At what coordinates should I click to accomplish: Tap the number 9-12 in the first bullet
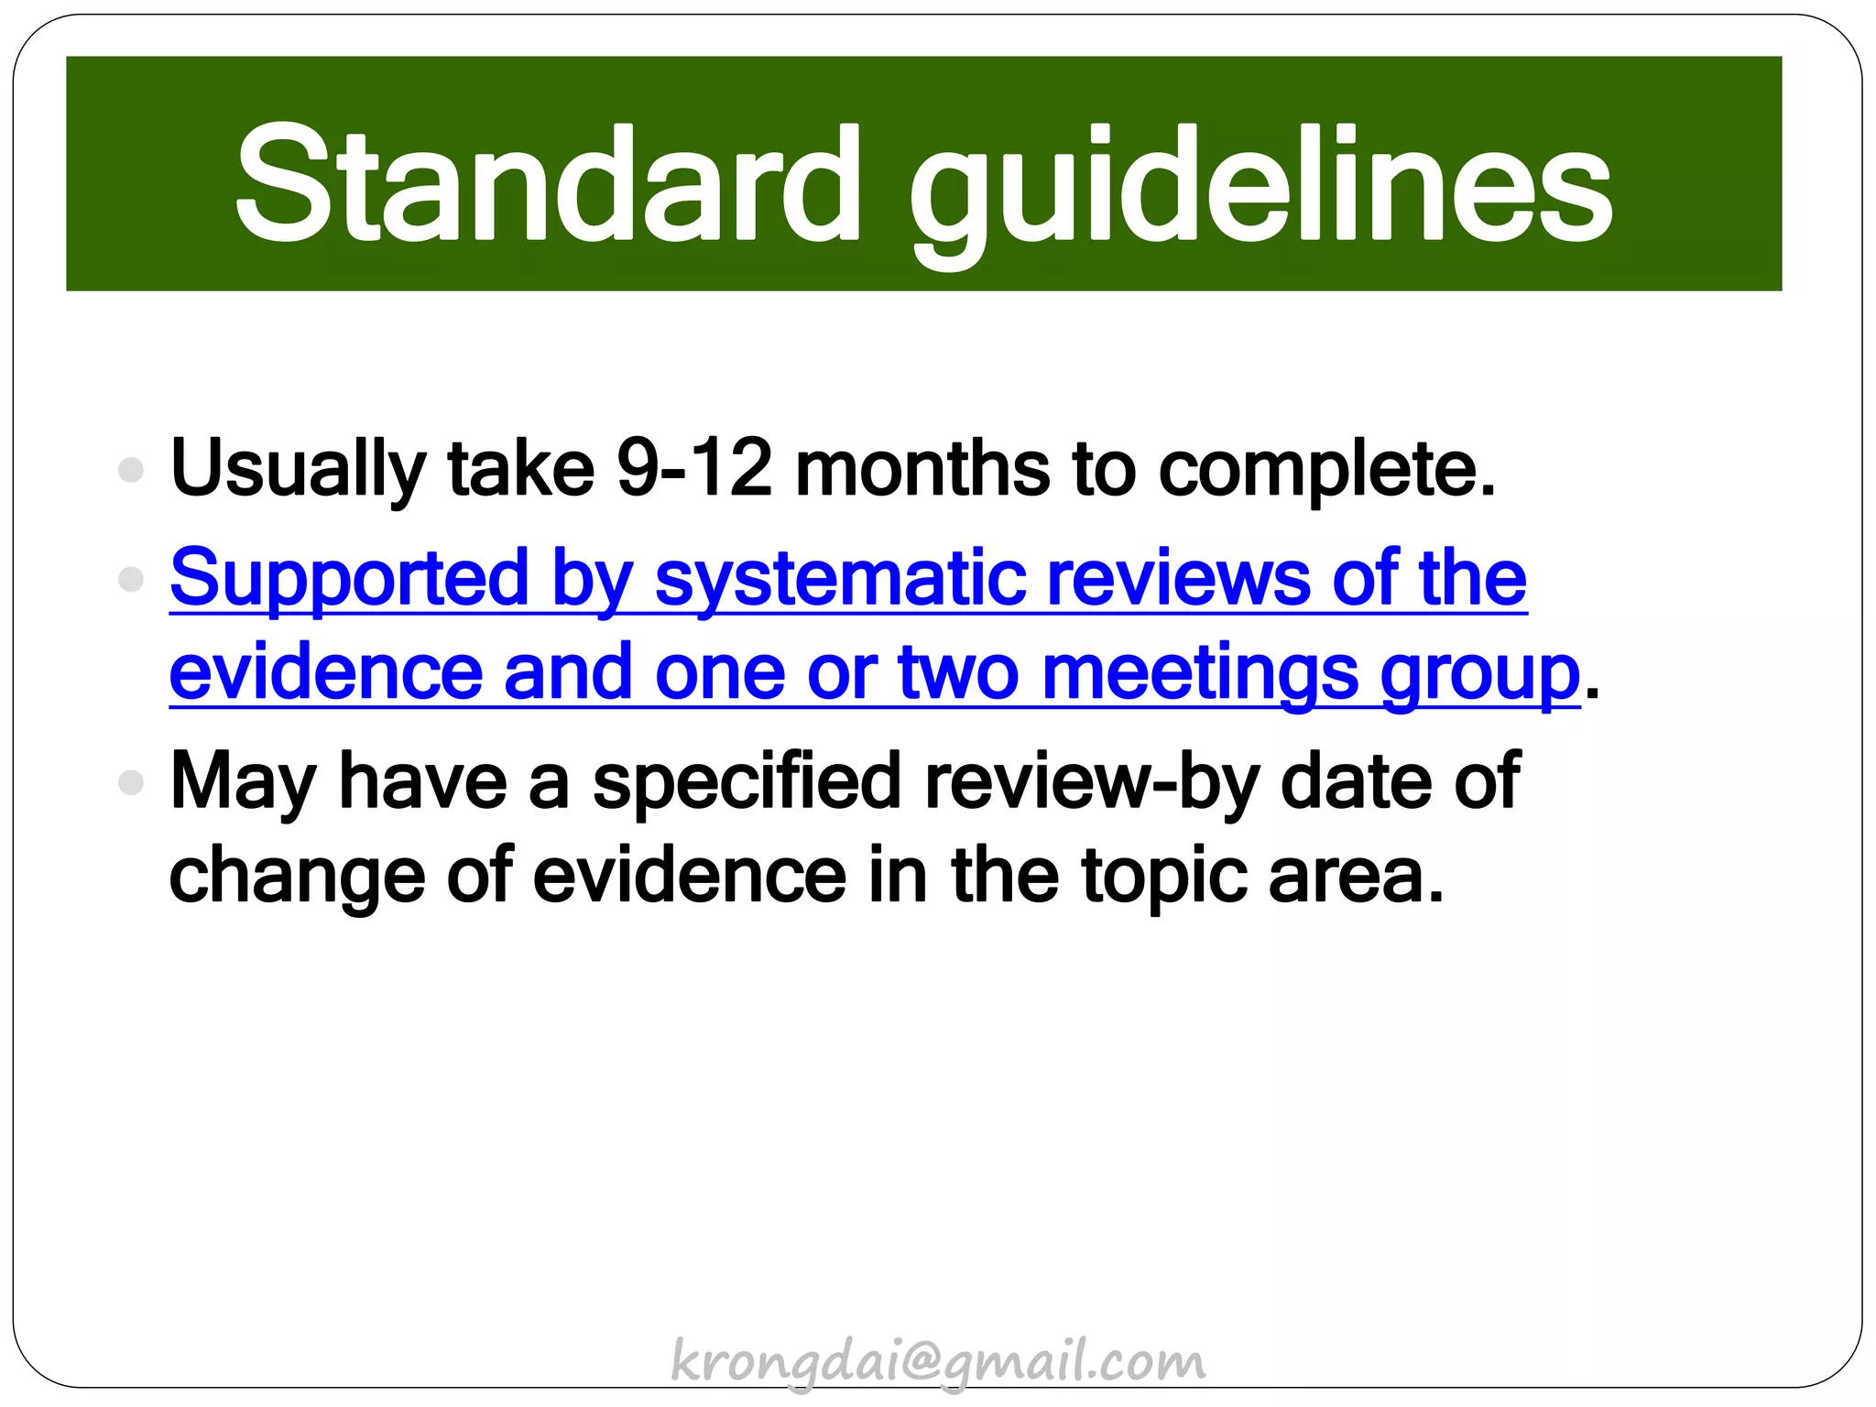pos(694,468)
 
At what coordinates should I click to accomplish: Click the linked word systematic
pos(840,580)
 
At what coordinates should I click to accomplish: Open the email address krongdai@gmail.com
pos(938,1362)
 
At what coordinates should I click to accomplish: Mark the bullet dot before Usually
pos(132,470)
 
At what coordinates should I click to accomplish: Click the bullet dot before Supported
pos(132,579)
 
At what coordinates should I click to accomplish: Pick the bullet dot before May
pos(132,782)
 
